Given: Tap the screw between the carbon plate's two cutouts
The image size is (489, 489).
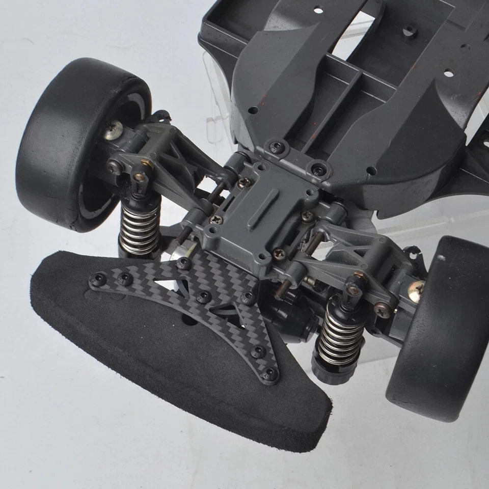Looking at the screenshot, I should (x=204, y=296).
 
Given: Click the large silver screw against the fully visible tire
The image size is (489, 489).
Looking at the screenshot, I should (x=113, y=129).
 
